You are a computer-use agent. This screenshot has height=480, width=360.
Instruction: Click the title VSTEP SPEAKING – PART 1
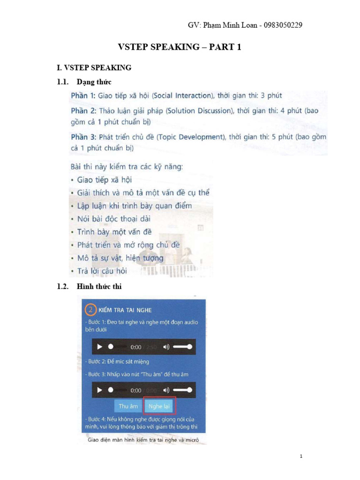(179, 47)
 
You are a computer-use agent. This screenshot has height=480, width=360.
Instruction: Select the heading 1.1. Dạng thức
(84, 82)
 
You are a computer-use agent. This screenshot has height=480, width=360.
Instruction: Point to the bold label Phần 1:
(83, 96)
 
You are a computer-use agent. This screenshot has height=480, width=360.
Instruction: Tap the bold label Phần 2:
(83, 112)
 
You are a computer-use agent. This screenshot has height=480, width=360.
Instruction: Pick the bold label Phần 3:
(83, 137)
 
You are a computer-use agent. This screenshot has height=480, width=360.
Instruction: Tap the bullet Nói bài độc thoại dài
(113, 218)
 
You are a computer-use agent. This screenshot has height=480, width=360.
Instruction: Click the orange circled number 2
(90, 310)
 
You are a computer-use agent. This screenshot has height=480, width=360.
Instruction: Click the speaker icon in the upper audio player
(166, 347)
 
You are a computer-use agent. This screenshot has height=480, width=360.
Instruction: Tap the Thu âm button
(128, 406)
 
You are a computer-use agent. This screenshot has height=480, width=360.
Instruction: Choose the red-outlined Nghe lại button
(159, 406)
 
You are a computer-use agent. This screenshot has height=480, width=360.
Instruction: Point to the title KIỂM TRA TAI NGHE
(125, 310)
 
